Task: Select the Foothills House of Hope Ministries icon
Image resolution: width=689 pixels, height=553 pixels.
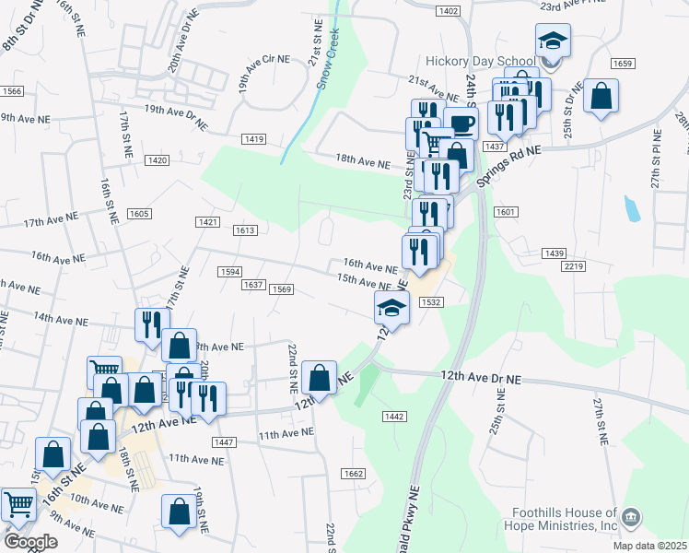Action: pyautogui.click(x=631, y=517)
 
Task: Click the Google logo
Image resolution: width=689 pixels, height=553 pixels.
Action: pyautogui.click(x=30, y=542)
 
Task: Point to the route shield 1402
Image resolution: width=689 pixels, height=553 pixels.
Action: pyautogui.click(x=449, y=10)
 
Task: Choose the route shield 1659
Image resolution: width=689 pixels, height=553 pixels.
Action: pyautogui.click(x=623, y=64)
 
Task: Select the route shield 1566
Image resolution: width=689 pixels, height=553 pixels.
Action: pyautogui.click(x=12, y=91)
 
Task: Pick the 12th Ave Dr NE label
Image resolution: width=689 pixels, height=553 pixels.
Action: pyautogui.click(x=481, y=377)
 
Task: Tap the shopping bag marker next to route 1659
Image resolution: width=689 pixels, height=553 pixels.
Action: pyautogui.click(x=601, y=96)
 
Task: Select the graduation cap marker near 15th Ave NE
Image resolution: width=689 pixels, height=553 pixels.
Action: pyautogui.click(x=391, y=309)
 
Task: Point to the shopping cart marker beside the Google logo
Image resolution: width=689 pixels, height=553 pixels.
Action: pyautogui.click(x=19, y=505)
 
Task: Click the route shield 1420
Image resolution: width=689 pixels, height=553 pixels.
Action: pyautogui.click(x=157, y=160)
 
